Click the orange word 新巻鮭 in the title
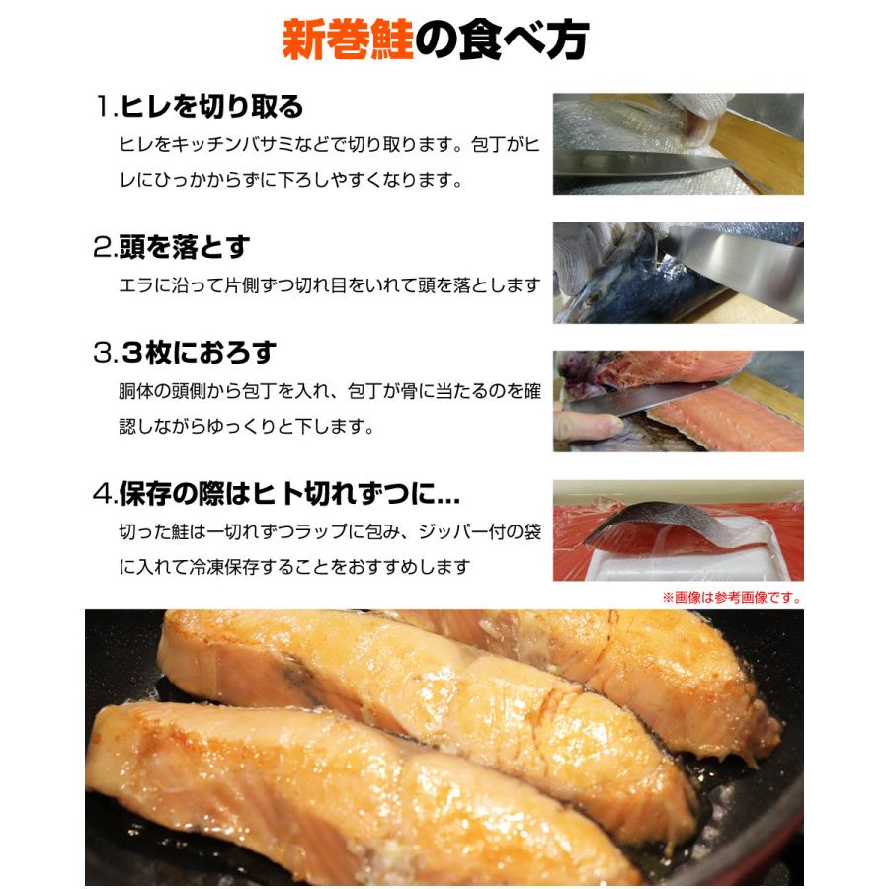pyautogui.click(x=347, y=40)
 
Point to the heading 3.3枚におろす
pyautogui.click(x=185, y=353)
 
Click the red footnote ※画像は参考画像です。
pyautogui.click(x=732, y=597)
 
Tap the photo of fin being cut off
pyautogui.click(x=678, y=143)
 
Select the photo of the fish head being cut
pyautogui.click(x=678, y=273)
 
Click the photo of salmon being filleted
pyautogui.click(x=678, y=401)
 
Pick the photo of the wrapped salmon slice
pyautogui.click(x=678, y=530)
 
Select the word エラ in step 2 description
pyautogui.click(x=132, y=285)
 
